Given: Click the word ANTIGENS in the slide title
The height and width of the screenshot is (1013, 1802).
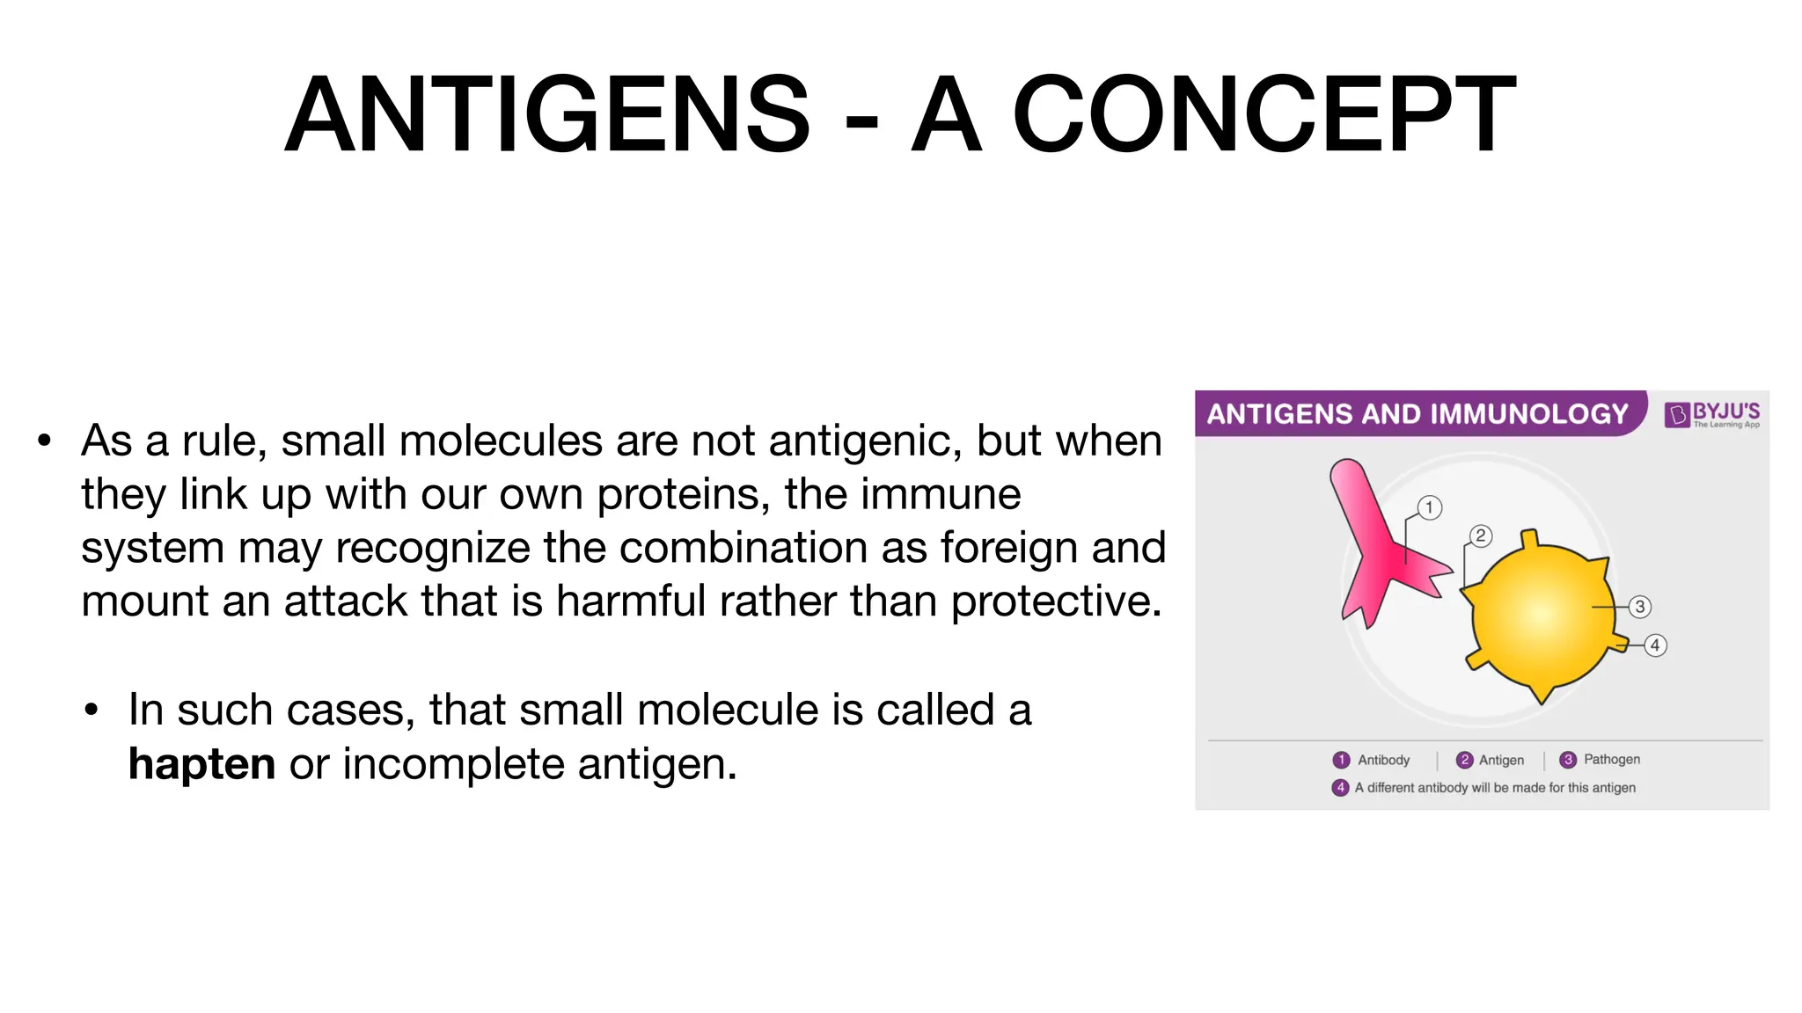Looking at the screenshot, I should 546,115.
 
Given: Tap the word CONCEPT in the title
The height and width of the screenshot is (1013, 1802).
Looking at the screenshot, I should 1264,115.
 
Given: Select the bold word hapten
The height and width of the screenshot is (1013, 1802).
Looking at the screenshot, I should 201,763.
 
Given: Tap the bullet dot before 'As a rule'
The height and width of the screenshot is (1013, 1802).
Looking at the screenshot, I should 44,441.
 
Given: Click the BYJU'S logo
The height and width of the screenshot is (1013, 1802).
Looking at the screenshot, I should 1712,413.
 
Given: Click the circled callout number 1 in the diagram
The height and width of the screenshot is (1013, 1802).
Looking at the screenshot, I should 1430,507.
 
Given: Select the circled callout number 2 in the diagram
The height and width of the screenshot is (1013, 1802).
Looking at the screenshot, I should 1481,536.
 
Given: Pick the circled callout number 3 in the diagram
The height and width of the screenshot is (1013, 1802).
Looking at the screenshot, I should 1639,607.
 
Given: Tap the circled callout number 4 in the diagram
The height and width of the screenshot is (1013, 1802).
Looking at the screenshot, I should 1655,645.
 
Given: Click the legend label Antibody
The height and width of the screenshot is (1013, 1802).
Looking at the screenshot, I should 1383,760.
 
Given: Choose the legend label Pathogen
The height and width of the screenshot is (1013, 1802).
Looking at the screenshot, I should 1611,759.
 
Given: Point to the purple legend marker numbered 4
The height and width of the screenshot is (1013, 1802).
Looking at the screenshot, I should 1340,787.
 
